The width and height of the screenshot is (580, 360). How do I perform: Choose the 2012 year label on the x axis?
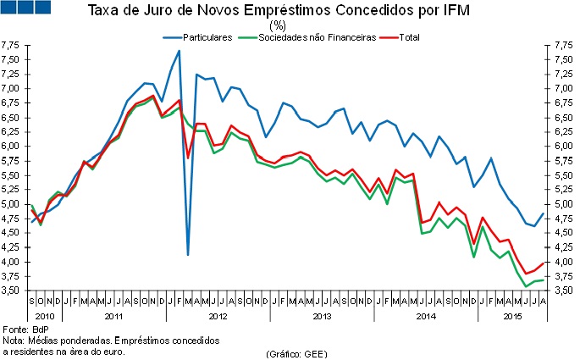click(x=218, y=316)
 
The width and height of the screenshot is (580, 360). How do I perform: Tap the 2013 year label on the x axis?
click(x=322, y=316)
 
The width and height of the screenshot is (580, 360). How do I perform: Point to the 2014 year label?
click(x=426, y=316)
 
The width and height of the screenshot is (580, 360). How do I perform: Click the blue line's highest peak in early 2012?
click(x=179, y=51)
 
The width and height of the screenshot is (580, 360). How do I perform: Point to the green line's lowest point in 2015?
click(x=528, y=286)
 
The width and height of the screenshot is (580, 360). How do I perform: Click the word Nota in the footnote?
click(x=14, y=341)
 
